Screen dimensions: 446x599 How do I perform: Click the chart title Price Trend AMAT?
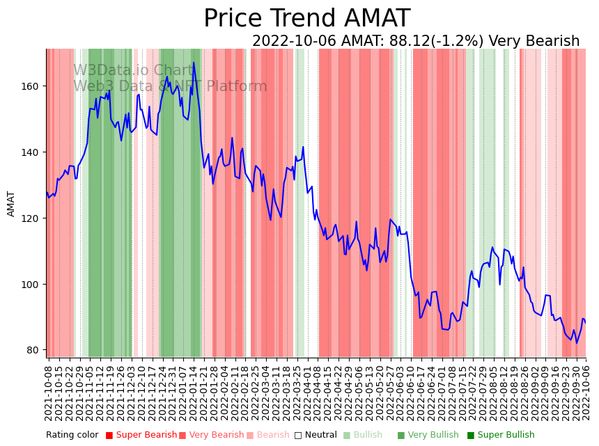(306, 19)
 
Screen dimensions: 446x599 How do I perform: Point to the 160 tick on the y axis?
(31, 86)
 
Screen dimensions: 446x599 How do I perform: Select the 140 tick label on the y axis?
(31, 152)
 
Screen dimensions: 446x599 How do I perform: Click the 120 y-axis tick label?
(31, 218)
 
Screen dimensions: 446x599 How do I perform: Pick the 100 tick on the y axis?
(31, 285)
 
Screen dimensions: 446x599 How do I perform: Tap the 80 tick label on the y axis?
(33, 350)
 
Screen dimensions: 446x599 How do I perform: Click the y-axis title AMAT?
(11, 204)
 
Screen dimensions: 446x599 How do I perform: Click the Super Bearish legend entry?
(141, 436)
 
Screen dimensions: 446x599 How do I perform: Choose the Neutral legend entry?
(316, 436)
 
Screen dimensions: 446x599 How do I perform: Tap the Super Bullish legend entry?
(501, 436)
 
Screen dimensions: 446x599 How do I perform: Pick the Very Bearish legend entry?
(211, 436)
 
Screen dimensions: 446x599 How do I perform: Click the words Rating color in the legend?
(72, 436)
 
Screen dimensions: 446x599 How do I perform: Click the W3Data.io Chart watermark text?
(133, 71)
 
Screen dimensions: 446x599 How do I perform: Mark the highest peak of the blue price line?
(194, 63)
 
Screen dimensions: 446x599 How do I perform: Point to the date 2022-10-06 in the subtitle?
(292, 42)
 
